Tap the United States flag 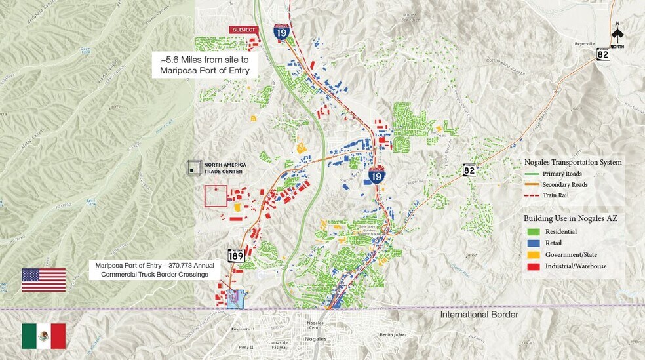point(43,279)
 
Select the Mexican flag point(43,336)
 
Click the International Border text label point(479,315)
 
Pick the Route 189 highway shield point(236,255)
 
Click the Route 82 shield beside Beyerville point(603,55)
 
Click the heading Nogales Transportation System point(573,162)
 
